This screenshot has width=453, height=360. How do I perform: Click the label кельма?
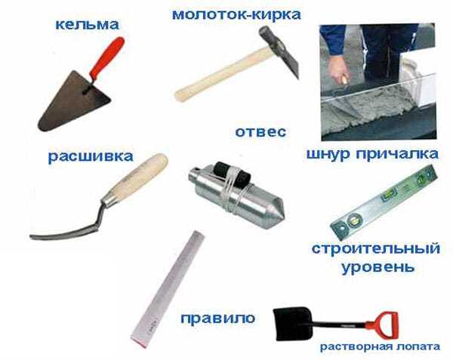click(87, 25)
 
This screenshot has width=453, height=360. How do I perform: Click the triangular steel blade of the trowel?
click(72, 103)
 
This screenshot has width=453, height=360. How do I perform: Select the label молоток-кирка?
click(236, 14)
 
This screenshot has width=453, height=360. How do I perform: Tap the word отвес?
click(260, 132)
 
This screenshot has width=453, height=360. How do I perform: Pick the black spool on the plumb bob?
click(233, 174)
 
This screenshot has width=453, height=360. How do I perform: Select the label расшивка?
click(91, 156)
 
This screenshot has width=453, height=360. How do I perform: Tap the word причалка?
click(397, 154)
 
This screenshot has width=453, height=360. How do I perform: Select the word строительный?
click(376, 248)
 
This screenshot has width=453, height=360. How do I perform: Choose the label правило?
click(218, 318)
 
